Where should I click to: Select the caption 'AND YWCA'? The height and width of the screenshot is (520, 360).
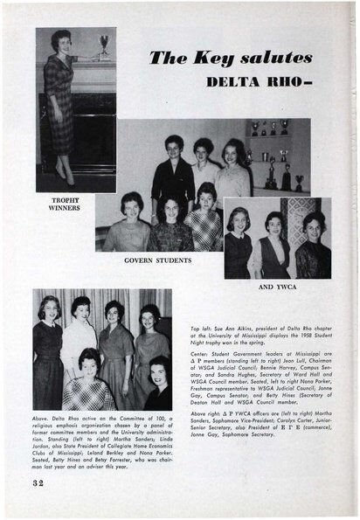click(279, 285)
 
